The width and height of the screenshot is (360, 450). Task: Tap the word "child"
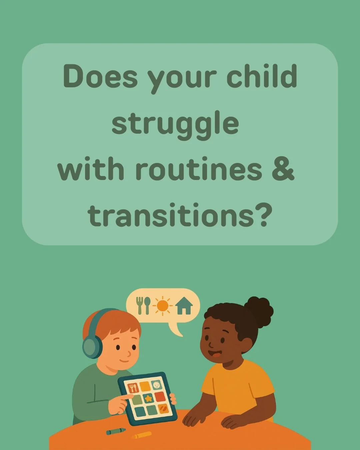[262, 76]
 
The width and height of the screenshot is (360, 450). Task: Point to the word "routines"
[199, 169]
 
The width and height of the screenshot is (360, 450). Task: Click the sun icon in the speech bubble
[163, 305]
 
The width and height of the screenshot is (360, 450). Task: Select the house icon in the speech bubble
[184, 306]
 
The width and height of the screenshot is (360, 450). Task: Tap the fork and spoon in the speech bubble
[143, 305]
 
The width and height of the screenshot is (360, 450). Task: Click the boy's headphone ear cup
[91, 347]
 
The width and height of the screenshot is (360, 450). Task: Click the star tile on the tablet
[148, 398]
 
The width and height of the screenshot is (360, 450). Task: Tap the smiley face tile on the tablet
[156, 385]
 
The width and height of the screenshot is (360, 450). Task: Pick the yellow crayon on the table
[142, 435]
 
